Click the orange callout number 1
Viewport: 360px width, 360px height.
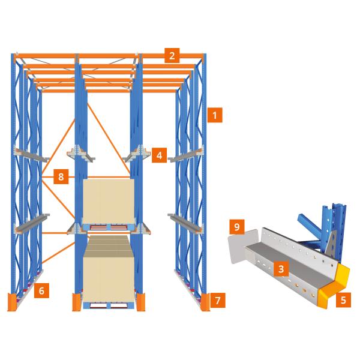tap(215, 115)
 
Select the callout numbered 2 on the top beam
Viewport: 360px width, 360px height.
tap(172, 56)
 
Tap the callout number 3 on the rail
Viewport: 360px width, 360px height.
tap(281, 269)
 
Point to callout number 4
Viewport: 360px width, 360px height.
tap(159, 155)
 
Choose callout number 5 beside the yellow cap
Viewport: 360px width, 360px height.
tap(343, 299)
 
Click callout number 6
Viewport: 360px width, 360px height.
tap(41, 290)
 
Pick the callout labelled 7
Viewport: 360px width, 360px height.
tap(218, 300)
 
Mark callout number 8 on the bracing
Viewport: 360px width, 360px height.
tap(61, 176)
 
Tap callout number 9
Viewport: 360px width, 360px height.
tap(237, 227)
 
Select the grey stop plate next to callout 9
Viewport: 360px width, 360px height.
tap(241, 247)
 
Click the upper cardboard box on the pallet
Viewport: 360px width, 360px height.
tap(109, 202)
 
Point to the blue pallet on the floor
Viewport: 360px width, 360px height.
tap(109, 305)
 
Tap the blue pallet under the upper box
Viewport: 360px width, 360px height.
tap(109, 227)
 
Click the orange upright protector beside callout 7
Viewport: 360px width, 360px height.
tap(205, 302)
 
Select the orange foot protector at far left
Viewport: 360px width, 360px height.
tap(12, 302)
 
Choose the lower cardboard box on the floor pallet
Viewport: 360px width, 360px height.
tap(109, 269)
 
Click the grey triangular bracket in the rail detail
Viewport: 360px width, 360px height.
tap(331, 244)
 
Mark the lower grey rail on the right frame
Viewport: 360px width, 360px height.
tap(185, 223)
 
